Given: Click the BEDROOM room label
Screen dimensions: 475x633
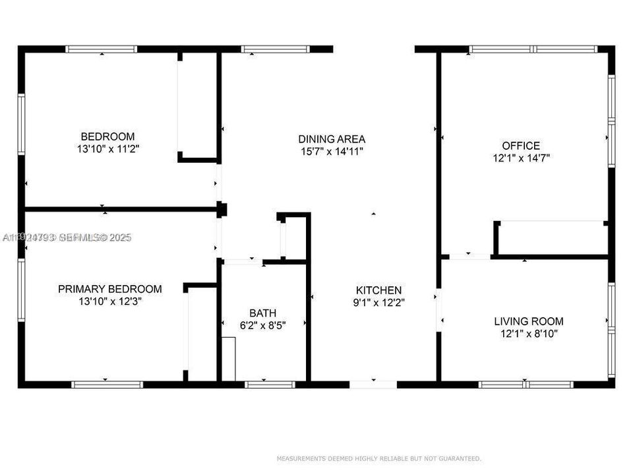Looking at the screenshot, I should [108, 137].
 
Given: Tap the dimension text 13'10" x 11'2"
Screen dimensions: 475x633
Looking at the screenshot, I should [108, 150].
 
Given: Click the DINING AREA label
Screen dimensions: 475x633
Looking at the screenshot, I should [332, 139].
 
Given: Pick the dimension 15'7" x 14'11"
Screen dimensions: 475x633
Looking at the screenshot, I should [332, 152].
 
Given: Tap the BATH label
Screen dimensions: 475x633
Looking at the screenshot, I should [262, 312].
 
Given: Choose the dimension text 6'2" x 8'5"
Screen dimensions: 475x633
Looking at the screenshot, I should [262, 325].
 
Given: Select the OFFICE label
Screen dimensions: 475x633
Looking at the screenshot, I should [521, 146].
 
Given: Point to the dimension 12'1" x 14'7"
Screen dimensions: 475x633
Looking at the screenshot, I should [521, 158].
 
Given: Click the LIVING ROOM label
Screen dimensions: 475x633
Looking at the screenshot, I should [529, 321].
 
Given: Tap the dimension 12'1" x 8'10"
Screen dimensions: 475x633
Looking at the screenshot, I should [529, 334].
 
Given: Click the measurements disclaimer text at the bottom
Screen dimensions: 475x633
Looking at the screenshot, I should [378, 459].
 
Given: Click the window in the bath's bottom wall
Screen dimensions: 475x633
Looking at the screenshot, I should [270, 384].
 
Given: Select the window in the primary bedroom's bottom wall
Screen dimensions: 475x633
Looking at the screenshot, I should [107, 384].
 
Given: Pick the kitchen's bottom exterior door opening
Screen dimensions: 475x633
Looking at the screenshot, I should [373, 384].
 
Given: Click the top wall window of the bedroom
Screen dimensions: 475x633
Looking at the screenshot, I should [102, 49].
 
